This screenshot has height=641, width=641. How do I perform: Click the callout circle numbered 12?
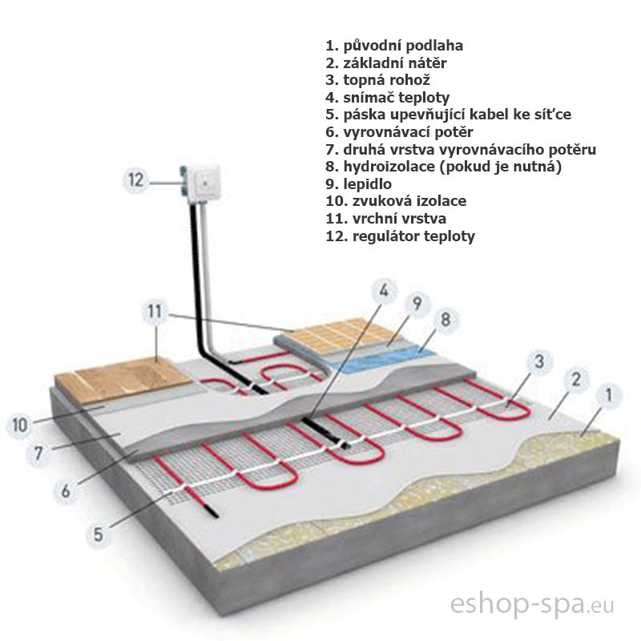tap(136, 179)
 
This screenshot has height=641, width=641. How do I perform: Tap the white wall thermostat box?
tap(202, 183)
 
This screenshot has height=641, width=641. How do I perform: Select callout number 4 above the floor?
tap(384, 291)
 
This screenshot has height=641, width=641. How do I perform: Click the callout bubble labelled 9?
tap(417, 304)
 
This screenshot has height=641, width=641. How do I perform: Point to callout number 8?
tap(446, 319)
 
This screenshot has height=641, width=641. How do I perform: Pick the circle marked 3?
tap(539, 361)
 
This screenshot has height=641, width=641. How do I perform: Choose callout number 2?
tap(576, 379)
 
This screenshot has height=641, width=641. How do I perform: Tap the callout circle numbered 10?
tap(20, 425)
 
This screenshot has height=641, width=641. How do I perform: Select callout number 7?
tap(38, 453)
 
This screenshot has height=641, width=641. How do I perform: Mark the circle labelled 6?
tap(67, 491)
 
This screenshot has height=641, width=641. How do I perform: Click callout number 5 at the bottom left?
tap(98, 534)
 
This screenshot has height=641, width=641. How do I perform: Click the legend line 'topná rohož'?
tap(377, 80)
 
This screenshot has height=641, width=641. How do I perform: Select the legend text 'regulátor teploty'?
tap(400, 236)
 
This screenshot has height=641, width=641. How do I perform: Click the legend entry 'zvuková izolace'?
tap(396, 201)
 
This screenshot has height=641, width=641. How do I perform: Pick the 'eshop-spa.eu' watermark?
tap(532, 605)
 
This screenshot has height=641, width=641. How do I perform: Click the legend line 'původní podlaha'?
tap(394, 46)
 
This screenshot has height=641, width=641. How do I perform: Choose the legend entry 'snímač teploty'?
tap(388, 97)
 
